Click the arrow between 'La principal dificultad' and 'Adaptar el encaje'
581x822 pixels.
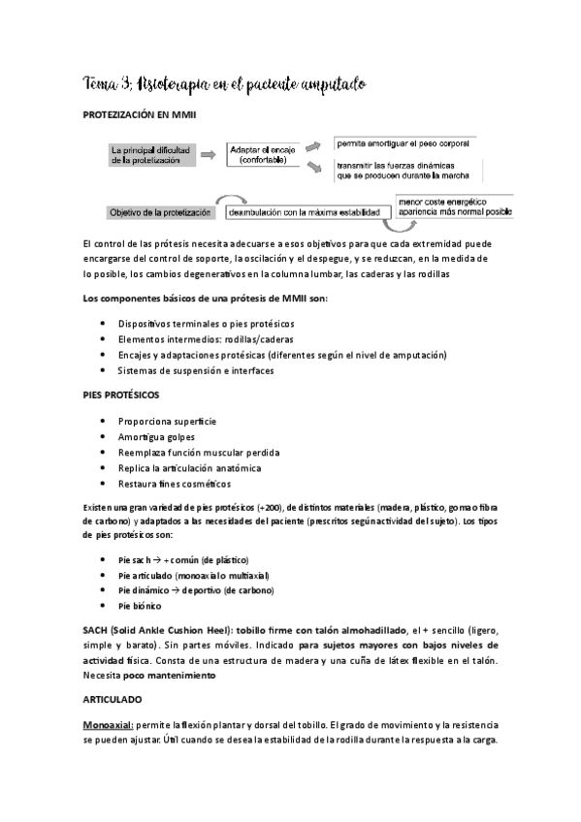coord(211,154)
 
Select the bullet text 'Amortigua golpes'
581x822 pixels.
coord(156,437)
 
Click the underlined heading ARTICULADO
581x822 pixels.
coord(112,697)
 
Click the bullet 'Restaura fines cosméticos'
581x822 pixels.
coord(175,484)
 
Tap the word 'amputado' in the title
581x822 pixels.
coord(324,86)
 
